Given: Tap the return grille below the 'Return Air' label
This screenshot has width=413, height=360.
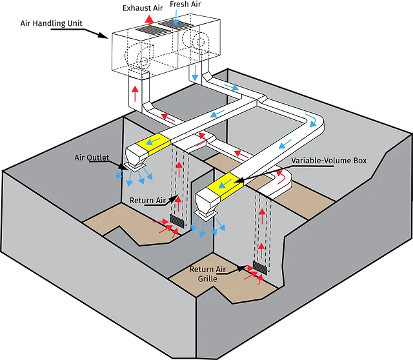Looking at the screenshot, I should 177,221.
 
